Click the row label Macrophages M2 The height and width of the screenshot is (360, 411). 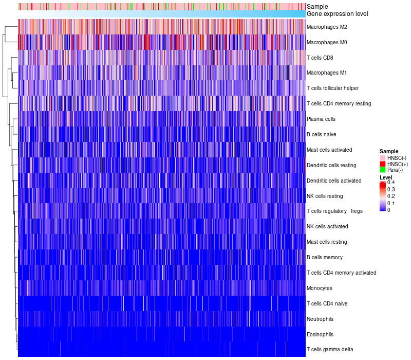pyautogui.click(x=327, y=27)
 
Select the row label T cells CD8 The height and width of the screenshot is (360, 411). pyautogui.click(x=320, y=58)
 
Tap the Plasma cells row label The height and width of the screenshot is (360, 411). pyautogui.click(x=321, y=119)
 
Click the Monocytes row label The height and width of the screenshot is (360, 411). pyautogui.click(x=319, y=288)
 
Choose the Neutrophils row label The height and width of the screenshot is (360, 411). pyautogui.click(x=321, y=319)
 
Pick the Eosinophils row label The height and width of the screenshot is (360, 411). pyautogui.click(x=320, y=334)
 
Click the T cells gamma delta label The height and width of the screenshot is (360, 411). pyautogui.click(x=330, y=350)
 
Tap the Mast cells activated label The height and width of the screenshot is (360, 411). pyautogui.click(x=329, y=150)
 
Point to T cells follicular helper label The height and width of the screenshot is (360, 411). pyautogui.click(x=333, y=88)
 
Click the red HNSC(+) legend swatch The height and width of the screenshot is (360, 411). pyautogui.click(x=382, y=164)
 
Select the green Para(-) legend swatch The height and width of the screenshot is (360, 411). pyautogui.click(x=382, y=170)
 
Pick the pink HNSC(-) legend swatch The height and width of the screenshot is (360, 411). pyautogui.click(x=382, y=157)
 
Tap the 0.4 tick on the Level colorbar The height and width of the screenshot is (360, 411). pyautogui.click(x=391, y=183)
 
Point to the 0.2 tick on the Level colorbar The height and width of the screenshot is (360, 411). pyautogui.click(x=391, y=196)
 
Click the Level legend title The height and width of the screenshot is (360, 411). pyautogui.click(x=386, y=177)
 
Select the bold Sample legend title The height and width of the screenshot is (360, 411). pyautogui.click(x=389, y=151)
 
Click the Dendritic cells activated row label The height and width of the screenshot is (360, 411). pyautogui.click(x=334, y=181)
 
